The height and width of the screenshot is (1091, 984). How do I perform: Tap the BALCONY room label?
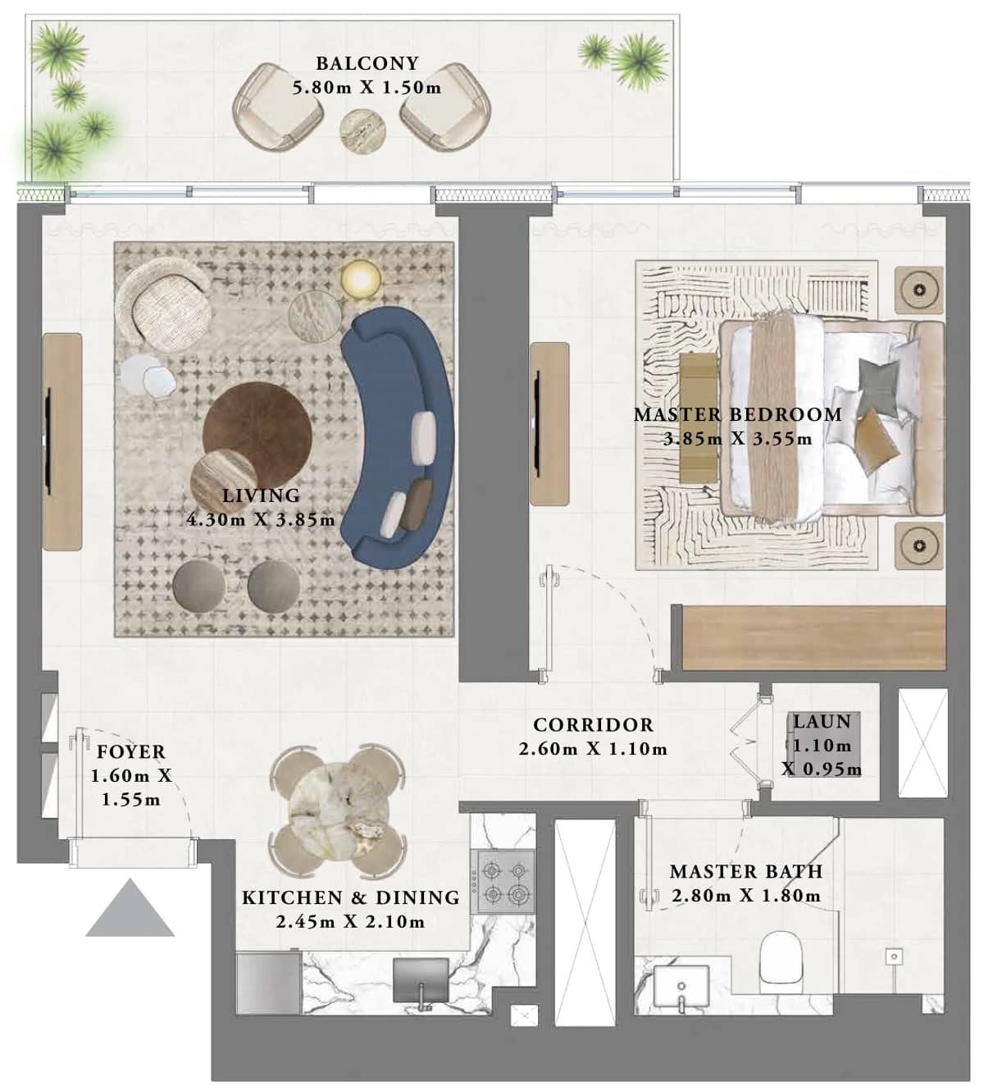[x=367, y=63]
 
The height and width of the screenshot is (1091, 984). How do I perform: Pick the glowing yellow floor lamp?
[x=361, y=278]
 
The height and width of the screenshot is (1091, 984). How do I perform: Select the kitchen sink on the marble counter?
[x=421, y=980]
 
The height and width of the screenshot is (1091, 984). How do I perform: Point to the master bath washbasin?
[x=681, y=988]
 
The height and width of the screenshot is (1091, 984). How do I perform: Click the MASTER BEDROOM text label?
[x=737, y=415]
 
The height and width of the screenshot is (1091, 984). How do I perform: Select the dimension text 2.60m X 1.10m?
[x=593, y=749]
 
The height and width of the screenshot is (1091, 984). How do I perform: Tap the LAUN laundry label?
[x=822, y=723]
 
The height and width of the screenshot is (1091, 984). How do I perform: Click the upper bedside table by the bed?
[x=918, y=290]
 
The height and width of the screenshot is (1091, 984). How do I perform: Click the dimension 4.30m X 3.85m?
[x=261, y=519]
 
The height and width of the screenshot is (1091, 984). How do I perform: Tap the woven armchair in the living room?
[x=164, y=301]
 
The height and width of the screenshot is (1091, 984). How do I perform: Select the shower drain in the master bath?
[x=894, y=956]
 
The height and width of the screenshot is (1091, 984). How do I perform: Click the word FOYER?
[x=131, y=752]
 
